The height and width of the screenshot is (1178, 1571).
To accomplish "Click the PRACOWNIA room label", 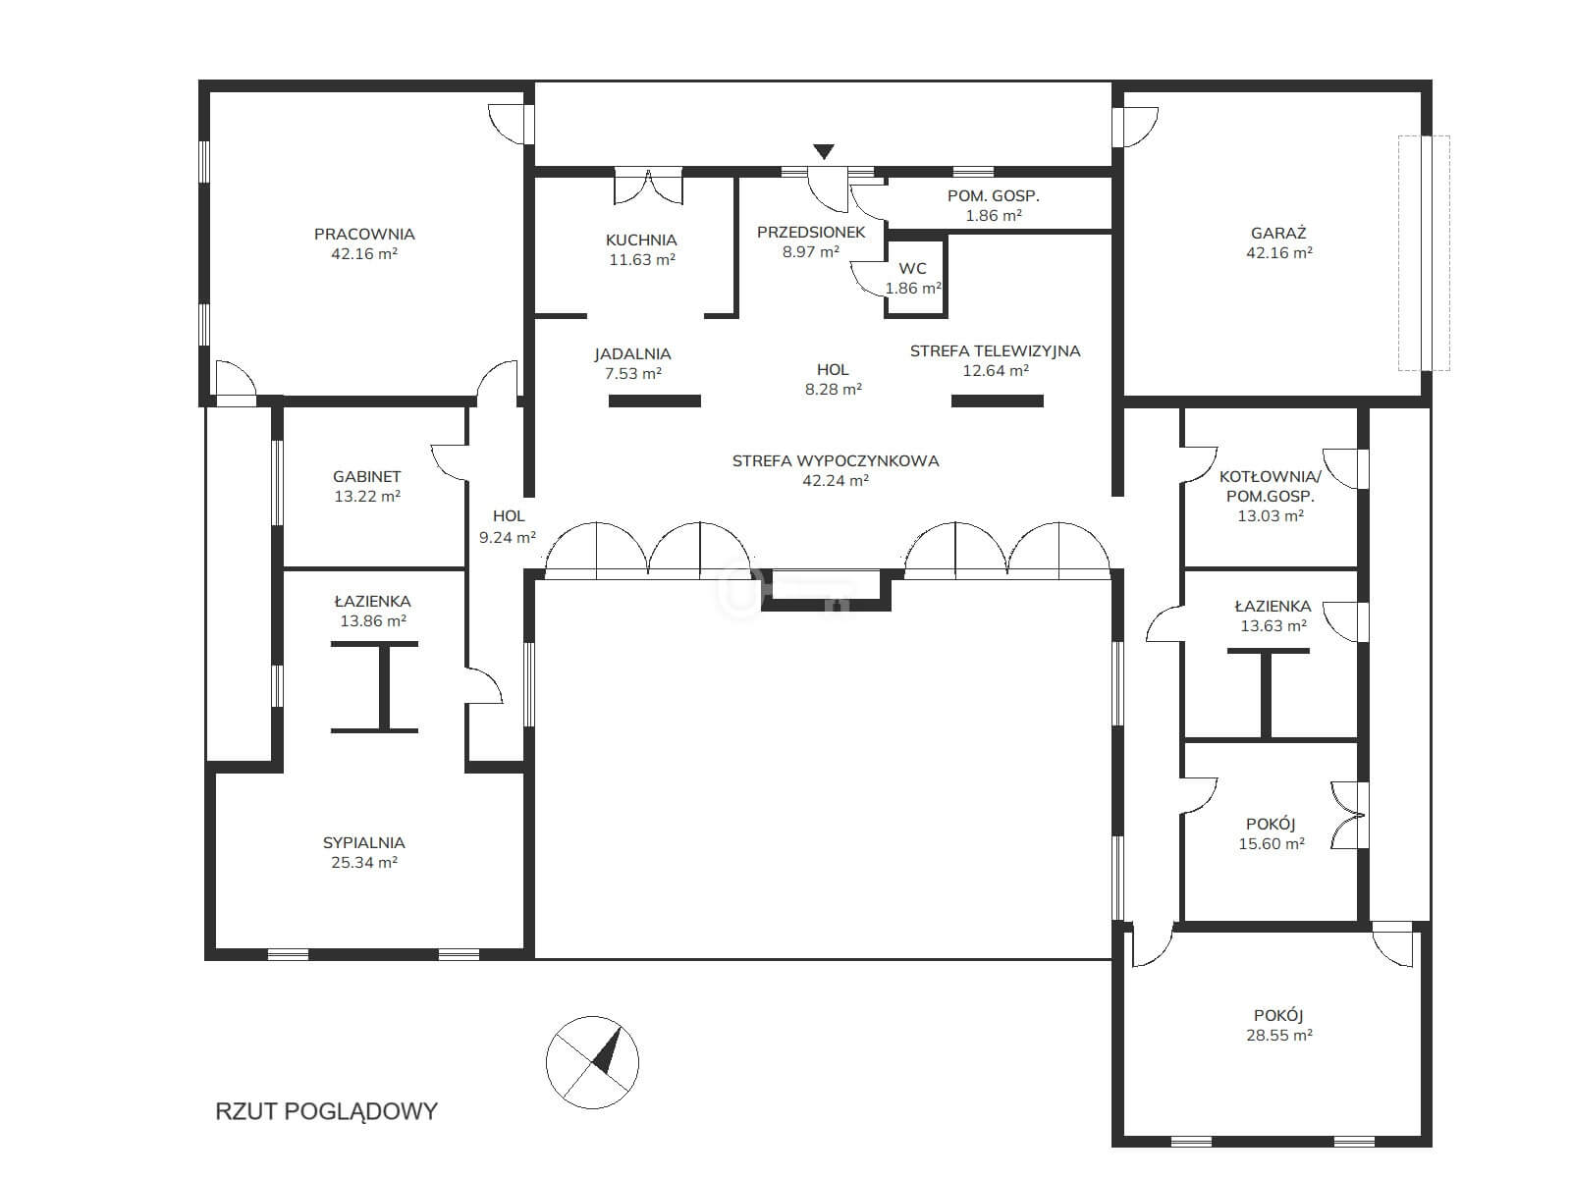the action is point(364,234).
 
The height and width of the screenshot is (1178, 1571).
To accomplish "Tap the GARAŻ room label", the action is point(1278,233).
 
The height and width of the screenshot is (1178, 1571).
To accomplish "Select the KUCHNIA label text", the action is point(641,241).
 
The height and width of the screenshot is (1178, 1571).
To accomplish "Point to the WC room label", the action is point(912,269).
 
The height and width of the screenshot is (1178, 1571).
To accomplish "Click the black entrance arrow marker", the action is point(824,151).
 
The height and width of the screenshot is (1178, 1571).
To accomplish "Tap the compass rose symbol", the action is point(593,1062).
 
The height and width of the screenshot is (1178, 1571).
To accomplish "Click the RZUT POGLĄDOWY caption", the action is point(326,1111).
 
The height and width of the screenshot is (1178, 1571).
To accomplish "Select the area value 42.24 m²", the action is point(836,481).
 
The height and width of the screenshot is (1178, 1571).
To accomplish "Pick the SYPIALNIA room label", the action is point(363,842).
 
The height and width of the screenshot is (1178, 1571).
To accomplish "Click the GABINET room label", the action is point(366,476).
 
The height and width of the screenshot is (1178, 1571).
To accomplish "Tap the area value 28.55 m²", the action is point(1279,1035).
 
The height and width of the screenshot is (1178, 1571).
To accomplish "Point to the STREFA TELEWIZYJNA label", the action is point(995,351).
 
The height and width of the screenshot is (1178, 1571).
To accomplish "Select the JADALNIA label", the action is point(632,354).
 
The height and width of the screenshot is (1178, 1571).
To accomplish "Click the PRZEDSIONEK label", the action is point(811,233).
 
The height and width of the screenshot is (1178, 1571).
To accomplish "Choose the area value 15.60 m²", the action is point(1272,844).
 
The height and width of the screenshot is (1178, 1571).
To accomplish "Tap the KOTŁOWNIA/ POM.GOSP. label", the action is point(1271,486).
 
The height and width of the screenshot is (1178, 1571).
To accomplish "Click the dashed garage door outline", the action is point(1425,253).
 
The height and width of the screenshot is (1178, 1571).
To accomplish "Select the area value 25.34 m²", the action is point(364,863).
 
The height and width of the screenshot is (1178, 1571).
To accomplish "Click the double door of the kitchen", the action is point(648,186).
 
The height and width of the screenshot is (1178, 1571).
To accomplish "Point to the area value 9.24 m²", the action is point(508,537).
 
